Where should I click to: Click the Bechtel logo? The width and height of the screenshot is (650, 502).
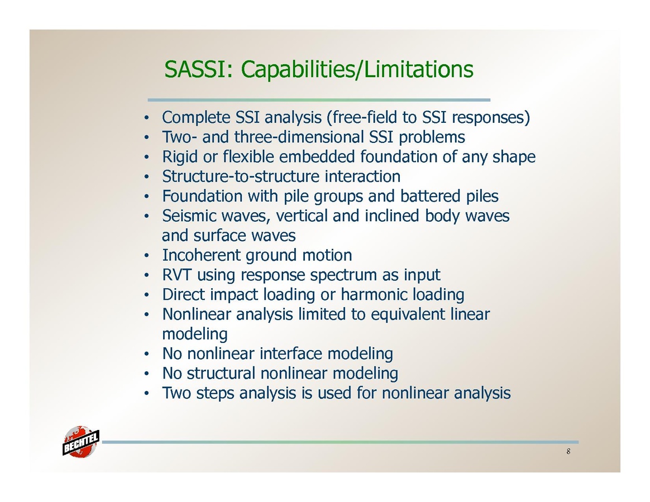tap(81, 442)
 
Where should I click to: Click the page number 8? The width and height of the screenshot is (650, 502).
tap(568, 451)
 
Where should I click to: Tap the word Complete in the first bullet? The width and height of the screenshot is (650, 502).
tap(196, 118)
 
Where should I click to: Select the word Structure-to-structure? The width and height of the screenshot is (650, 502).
tap(241, 176)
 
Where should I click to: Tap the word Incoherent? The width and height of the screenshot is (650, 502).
tap(202, 255)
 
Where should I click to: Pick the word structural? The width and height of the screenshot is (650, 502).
tap(221, 374)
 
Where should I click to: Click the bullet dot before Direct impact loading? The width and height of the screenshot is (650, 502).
tap(146, 295)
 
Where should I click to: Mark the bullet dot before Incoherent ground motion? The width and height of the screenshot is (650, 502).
tap(146, 256)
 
